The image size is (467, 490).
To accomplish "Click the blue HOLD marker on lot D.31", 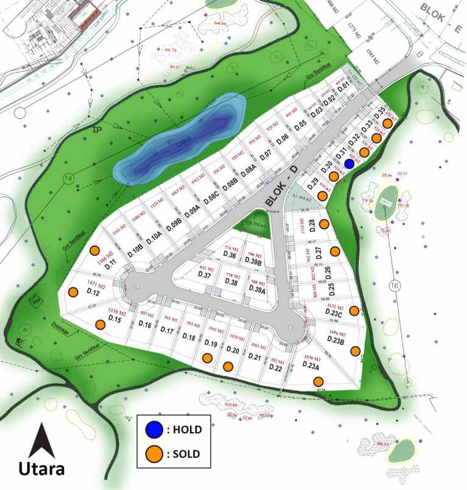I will coord(349,163).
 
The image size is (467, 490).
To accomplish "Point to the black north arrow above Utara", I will coord(42,440).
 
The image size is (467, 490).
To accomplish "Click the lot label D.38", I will coord(231,282).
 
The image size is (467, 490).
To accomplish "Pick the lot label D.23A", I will coord(314,364).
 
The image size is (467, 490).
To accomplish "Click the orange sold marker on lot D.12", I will coord(73,292).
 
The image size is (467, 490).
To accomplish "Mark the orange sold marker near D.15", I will coord(99,324).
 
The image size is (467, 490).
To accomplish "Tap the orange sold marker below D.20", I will coord(228,366).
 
